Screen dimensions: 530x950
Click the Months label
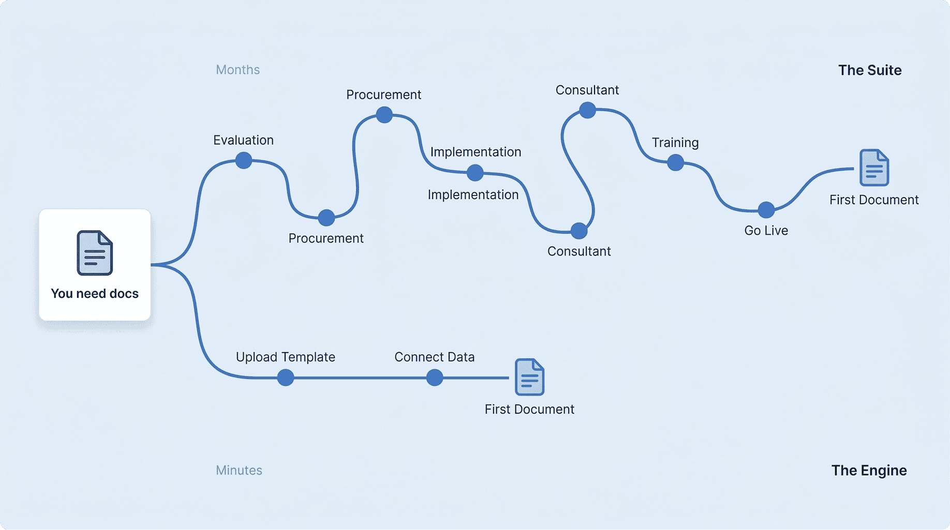[237, 70]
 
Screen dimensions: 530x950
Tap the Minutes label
[239, 470]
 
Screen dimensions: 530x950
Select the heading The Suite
[870, 70]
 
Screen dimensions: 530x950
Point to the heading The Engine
[869, 470]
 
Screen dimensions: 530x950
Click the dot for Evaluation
[244, 160]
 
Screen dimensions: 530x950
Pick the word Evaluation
[243, 140]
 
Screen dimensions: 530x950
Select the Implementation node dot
[475, 173]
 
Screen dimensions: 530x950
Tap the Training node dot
[675, 162]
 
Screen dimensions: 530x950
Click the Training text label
[675, 143]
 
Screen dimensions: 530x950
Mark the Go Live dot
[766, 210]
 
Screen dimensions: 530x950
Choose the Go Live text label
[766, 231]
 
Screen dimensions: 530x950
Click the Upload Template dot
[286, 377]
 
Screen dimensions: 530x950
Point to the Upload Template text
[285, 357]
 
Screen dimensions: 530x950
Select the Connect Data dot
[435, 377]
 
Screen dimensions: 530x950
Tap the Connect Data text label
[434, 357]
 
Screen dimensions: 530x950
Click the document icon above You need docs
[95, 253]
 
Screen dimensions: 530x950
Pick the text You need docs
[95, 294]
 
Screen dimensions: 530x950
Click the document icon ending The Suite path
[874, 168]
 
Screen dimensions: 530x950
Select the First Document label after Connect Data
[529, 409]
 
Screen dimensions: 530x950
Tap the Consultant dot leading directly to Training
[587, 110]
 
